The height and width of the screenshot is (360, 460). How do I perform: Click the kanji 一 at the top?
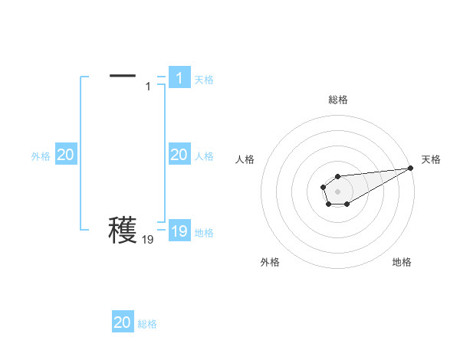[123, 75]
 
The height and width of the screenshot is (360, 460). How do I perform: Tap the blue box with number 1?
[179, 77]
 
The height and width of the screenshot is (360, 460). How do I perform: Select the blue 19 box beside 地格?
[179, 231]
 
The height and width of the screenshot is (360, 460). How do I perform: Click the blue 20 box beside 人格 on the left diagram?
[179, 155]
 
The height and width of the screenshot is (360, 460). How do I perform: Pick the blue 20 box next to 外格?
[65, 155]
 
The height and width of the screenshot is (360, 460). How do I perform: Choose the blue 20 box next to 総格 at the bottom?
[122, 322]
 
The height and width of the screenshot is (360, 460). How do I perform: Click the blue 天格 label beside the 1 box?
[204, 80]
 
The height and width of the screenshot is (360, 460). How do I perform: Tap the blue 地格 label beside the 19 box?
[204, 233]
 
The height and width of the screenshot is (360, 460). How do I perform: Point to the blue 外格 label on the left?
[41, 156]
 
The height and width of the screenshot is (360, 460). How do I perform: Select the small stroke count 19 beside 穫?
[148, 240]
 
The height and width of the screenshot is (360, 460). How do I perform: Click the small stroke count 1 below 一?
[148, 87]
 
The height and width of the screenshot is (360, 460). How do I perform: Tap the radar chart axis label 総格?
[337, 100]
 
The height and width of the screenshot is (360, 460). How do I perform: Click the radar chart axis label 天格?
[432, 159]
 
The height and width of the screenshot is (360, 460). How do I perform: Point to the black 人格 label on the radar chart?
[245, 159]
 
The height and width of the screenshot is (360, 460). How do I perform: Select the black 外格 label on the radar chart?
[270, 262]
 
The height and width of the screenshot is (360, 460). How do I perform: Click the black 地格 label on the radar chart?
[402, 262]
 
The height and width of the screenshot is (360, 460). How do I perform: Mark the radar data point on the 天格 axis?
[411, 168]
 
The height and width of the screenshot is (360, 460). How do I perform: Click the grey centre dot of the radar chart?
[337, 191]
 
